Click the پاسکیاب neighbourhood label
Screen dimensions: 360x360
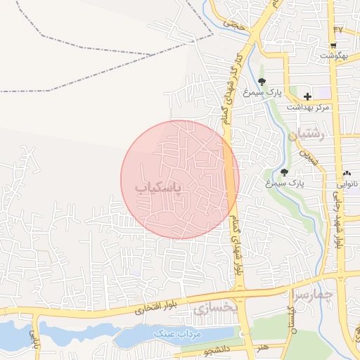pyautogui.click(x=158, y=187)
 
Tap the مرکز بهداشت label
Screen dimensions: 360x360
pyautogui.click(x=308, y=107)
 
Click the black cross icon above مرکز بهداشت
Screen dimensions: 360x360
pyautogui.click(x=307, y=95)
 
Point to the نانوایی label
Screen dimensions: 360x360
pyautogui.click(x=347, y=185)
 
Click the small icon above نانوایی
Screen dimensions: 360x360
pyautogui.click(x=347, y=174)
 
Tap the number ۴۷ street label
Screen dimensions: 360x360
pyautogui.click(x=339, y=30)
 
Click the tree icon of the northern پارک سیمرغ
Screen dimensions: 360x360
pyautogui.click(x=262, y=82)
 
